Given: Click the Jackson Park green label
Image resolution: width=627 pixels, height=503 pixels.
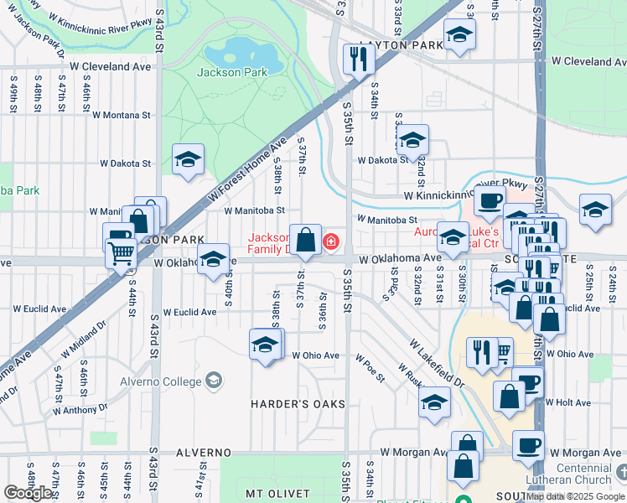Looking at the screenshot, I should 232,72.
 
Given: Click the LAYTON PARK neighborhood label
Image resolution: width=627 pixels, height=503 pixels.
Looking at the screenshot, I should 400,44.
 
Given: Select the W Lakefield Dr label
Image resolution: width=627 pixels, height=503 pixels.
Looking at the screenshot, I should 437,363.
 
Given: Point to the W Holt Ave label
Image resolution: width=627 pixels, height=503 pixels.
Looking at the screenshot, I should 569,402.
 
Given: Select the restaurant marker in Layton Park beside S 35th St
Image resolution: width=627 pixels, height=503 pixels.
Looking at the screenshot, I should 357,60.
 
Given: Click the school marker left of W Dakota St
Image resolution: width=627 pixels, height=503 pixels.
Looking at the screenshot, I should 188,158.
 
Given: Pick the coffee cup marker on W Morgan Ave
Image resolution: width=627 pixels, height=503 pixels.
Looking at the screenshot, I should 528,445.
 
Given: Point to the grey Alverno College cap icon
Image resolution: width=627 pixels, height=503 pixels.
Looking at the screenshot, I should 214,381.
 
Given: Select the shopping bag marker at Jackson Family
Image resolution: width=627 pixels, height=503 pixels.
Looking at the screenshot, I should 306,240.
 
